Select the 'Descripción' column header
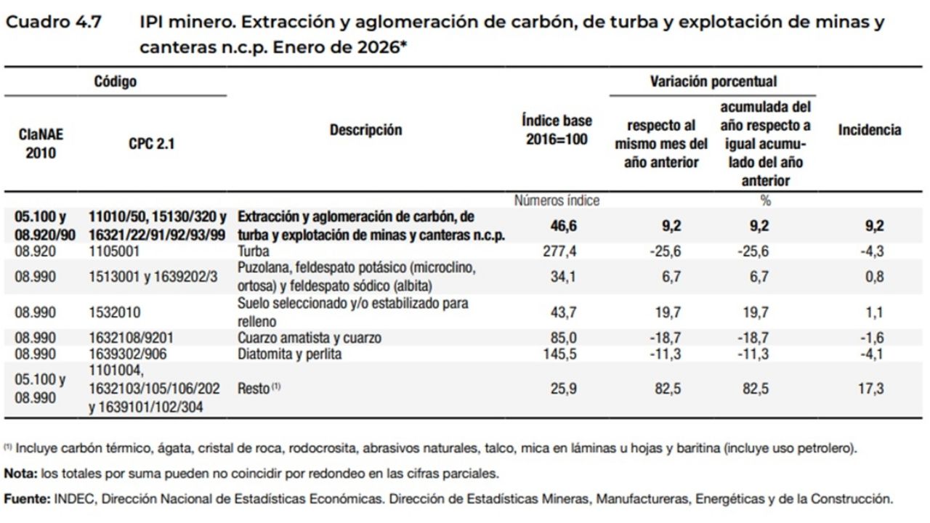[x=365, y=130]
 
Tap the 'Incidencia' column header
[x=869, y=130]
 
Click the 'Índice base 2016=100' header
[x=557, y=129]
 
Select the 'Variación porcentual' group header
[x=713, y=81]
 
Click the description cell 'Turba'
[x=254, y=251]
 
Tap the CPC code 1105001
[x=116, y=251]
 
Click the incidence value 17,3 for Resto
[x=870, y=389]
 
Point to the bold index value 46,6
[x=563, y=226]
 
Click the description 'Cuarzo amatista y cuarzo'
[x=310, y=338]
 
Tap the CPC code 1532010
[x=116, y=312]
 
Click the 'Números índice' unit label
[x=557, y=200]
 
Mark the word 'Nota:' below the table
[x=21, y=474]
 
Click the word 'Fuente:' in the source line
[x=25, y=499]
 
